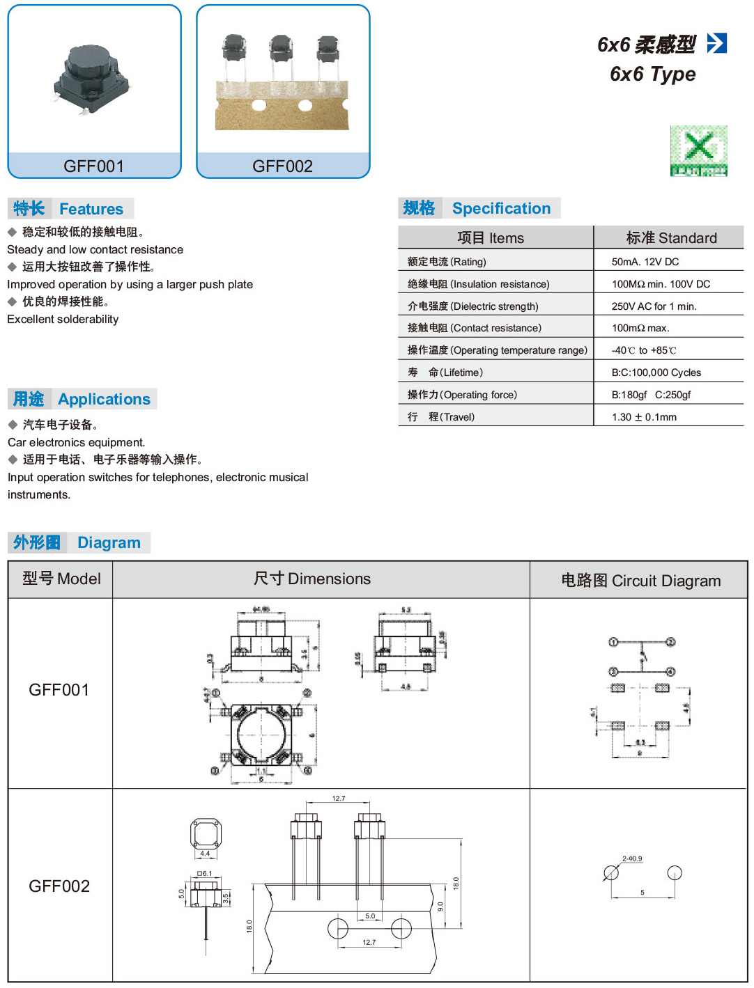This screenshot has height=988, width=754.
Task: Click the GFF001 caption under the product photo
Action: pos(93,166)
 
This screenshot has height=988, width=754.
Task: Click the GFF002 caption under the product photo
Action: pos(282,166)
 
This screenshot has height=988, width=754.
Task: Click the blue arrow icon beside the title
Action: pos(716,43)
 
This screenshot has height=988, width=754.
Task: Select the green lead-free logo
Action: pos(698,150)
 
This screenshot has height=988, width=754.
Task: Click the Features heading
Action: pos(91,209)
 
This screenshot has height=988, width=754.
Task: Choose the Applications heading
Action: pos(104,399)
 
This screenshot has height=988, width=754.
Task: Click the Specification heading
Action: pos(501,208)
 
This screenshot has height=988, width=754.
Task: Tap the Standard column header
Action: pos(671,238)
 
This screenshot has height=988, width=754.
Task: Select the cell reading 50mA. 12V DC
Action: pos(645,262)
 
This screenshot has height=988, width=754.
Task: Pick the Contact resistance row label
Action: pos(474,328)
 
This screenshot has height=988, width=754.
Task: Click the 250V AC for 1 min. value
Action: pos(654,306)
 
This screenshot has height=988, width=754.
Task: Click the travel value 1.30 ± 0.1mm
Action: pos(644,417)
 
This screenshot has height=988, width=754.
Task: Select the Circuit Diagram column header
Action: pos(640,581)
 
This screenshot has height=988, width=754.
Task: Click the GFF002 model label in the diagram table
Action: pos(59,886)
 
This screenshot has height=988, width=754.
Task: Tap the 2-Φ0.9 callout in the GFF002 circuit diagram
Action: pos(632,858)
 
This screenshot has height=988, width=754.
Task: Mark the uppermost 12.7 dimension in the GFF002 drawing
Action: pos(339,799)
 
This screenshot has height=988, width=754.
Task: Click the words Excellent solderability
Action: pos(63,319)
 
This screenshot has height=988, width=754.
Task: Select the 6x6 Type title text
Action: pos(652,74)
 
